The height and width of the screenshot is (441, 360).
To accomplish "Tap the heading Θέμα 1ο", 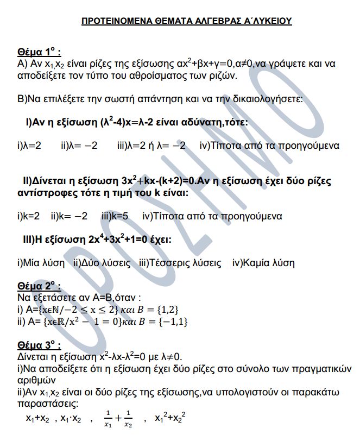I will (39, 53).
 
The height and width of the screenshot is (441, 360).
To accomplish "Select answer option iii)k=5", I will (115, 216).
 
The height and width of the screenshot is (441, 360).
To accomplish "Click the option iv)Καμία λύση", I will (263, 263).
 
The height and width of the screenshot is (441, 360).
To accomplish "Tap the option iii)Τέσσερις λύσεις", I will (180, 263).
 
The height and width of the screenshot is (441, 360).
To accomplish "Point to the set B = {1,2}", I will (159, 309).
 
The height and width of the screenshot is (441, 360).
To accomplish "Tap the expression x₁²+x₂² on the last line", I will (170, 418).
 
